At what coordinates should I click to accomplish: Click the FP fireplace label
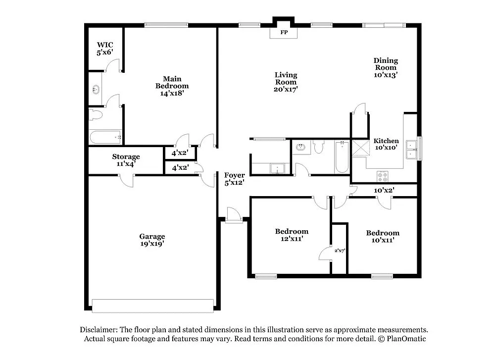pyautogui.click(x=284, y=33)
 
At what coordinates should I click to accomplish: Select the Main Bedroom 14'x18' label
pyautogui.click(x=172, y=86)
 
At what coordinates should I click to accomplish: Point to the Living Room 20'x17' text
pyautogui.click(x=286, y=82)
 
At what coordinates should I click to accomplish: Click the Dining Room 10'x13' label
pyautogui.click(x=386, y=67)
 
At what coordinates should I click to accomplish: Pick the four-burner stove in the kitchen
pyautogui.click(x=383, y=175)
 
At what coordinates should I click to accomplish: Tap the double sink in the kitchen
pyautogui.click(x=411, y=149)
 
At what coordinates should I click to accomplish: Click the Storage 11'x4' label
pyautogui.click(x=126, y=160)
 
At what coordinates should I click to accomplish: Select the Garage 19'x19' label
pyautogui.click(x=152, y=240)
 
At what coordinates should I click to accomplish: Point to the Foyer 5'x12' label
pyautogui.click(x=234, y=179)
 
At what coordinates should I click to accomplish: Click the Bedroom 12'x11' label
pyautogui.click(x=292, y=235)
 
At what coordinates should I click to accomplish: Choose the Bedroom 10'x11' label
pyautogui.click(x=383, y=236)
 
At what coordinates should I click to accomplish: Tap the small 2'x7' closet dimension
pyautogui.click(x=340, y=251)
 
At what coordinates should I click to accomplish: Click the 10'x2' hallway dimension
pyautogui.click(x=384, y=190)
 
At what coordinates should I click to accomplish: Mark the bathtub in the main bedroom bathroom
pyautogui.click(x=105, y=137)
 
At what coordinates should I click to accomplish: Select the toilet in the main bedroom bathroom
pyautogui.click(x=95, y=115)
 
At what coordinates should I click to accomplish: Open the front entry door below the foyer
pyautogui.click(x=232, y=216)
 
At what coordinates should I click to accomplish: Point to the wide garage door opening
pyautogui.click(x=153, y=306)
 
